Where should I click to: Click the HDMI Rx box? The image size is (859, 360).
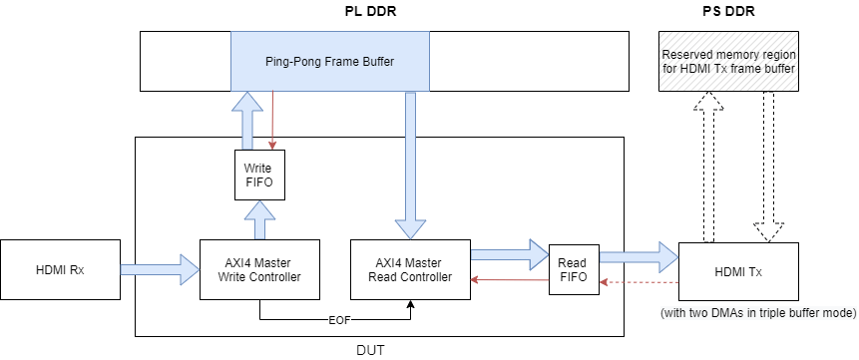point(60,269)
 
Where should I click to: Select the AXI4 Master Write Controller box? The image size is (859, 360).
point(259,269)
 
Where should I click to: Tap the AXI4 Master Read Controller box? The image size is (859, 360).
point(410,269)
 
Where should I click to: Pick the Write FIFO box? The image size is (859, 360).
point(259,175)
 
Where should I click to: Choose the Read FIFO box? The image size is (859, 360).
point(574,269)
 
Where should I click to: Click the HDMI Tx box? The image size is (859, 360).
point(738,270)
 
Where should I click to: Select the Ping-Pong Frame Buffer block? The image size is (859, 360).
point(330,61)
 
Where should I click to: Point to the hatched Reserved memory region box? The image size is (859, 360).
point(728,61)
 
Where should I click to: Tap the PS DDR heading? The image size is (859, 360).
point(728,11)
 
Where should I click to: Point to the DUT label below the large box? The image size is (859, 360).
point(370,350)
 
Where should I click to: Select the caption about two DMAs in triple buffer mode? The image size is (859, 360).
point(758,313)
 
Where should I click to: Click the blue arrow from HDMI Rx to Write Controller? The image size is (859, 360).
point(160,269)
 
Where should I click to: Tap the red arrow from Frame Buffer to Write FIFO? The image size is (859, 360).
point(272,120)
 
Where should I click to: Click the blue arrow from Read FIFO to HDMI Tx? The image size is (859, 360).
point(639,257)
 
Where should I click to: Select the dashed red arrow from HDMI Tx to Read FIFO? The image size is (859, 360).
point(639,282)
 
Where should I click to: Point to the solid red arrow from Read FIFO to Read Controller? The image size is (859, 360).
point(510,280)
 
